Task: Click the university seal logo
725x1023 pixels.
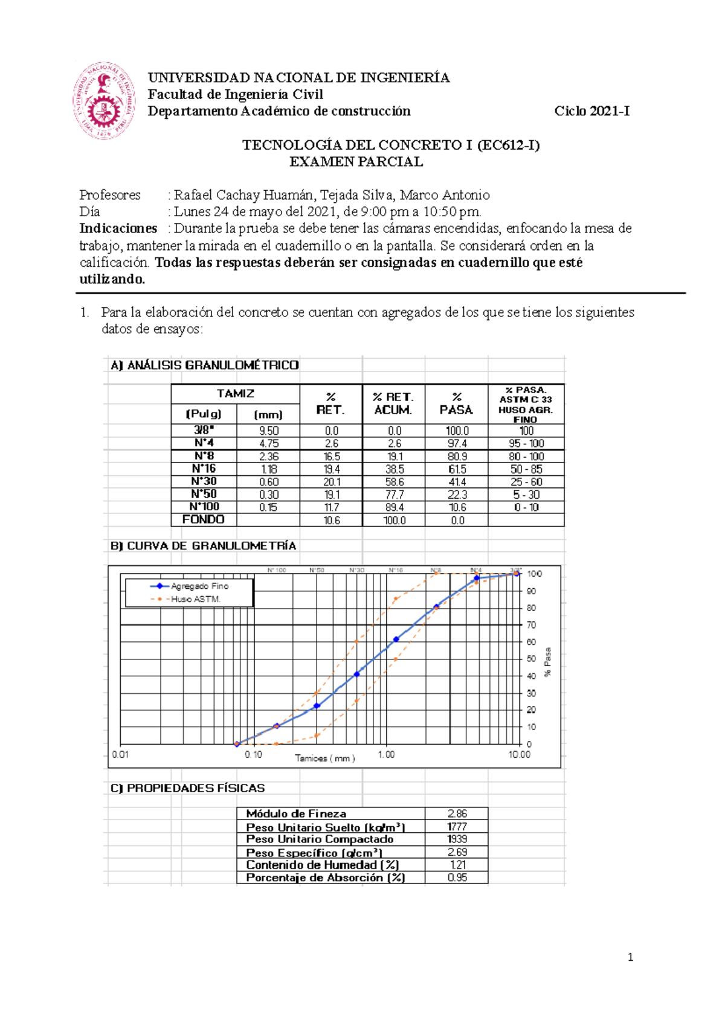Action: [x=104, y=101]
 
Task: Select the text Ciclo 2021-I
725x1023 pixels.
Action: [x=591, y=111]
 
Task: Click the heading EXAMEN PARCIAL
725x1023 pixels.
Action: [x=356, y=162]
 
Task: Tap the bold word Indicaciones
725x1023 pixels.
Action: [x=118, y=228]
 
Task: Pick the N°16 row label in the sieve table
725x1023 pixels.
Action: [x=204, y=469]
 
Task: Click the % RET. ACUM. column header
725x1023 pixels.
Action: [x=393, y=403]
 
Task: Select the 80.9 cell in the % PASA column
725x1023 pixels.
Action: [x=456, y=457]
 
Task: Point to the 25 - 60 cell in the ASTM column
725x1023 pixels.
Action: [x=526, y=482]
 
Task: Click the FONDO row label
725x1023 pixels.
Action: [x=204, y=519]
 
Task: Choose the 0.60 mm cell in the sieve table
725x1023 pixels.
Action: [x=268, y=482]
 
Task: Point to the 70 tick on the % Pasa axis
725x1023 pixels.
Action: [x=531, y=625]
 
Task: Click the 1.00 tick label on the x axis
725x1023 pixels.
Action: [x=386, y=754]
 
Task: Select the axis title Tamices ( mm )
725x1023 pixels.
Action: [x=324, y=758]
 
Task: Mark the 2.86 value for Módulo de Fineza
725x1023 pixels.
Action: [x=457, y=813]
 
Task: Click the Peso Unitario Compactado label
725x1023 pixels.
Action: [x=320, y=839]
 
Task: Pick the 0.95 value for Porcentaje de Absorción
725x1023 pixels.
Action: [x=457, y=877]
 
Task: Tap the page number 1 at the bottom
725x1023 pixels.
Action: [x=630, y=957]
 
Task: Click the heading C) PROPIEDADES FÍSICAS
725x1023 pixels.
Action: [x=187, y=788]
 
